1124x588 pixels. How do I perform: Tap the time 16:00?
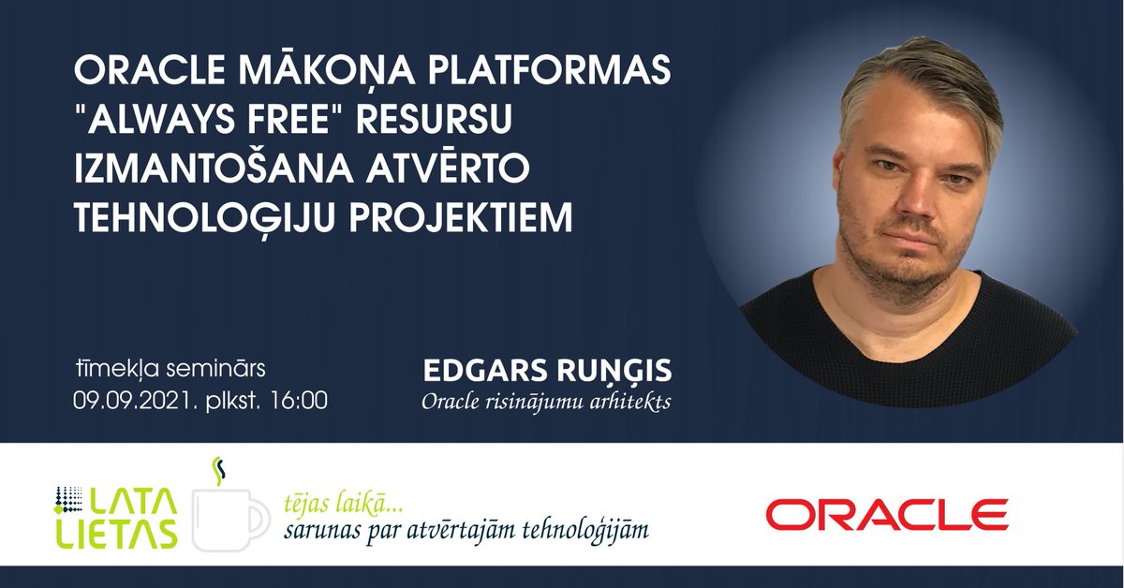(x=298, y=401)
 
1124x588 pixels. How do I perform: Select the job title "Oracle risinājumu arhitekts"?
(x=547, y=402)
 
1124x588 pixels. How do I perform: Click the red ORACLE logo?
(x=886, y=514)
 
